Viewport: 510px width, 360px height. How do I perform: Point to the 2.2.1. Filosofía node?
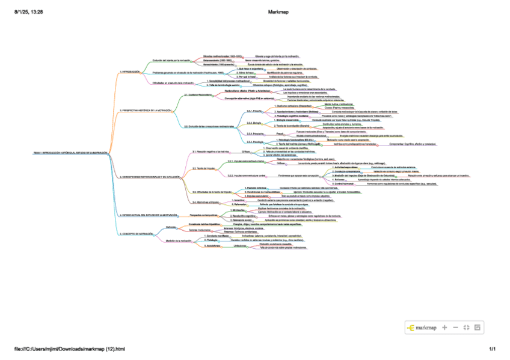(x=254, y=111)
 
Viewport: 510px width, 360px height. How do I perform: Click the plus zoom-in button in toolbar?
(x=444, y=328)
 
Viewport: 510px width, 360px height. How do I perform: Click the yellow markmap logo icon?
(x=411, y=328)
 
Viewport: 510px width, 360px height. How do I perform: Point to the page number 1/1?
(x=492, y=349)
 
